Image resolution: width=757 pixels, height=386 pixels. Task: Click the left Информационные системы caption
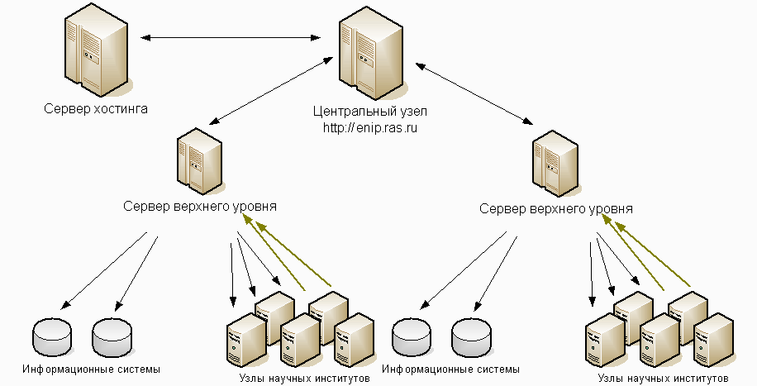[x=91, y=368]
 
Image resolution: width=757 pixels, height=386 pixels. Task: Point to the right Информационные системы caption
[x=451, y=369]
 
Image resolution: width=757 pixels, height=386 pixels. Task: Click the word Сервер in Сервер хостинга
[x=66, y=108]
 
